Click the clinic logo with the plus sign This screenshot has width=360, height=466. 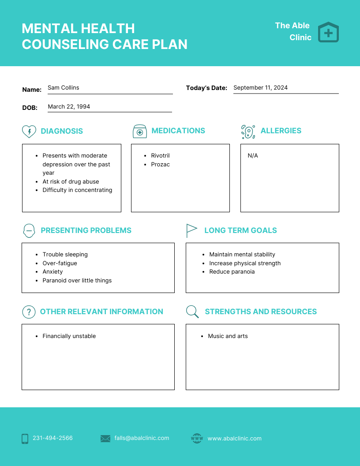point(328,32)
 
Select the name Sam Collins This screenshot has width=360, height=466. point(64,88)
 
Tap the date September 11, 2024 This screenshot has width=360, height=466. point(260,88)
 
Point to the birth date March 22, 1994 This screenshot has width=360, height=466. point(69,107)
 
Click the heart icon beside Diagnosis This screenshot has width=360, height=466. point(29,131)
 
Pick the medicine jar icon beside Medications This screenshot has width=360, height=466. point(139,132)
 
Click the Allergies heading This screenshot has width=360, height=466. point(281,131)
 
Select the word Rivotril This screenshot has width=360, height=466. point(160,156)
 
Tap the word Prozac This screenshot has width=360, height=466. point(160,165)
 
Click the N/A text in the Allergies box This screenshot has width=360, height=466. point(253,156)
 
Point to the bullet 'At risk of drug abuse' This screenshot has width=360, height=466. point(71,182)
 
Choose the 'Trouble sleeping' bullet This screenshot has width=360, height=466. point(65,255)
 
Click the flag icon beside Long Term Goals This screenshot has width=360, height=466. point(191,230)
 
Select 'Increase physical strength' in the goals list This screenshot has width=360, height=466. point(245,263)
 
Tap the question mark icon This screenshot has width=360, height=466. point(29,312)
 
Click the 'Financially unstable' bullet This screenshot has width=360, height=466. point(69,336)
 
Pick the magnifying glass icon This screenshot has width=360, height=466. point(192,312)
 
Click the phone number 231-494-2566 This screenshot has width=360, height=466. point(52,438)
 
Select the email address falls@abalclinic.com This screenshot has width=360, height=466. point(142,438)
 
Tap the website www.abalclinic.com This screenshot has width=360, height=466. point(234,439)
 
